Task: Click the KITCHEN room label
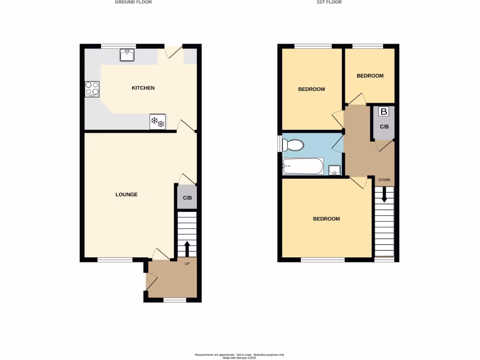click(x=143, y=88)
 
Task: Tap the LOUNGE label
click(x=127, y=195)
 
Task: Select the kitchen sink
click(x=127, y=55)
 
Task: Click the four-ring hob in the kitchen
click(x=92, y=89)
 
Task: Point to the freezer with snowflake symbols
click(x=157, y=122)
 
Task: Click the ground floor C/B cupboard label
click(x=187, y=198)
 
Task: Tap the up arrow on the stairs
click(x=187, y=248)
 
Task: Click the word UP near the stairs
click(x=187, y=264)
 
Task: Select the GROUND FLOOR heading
click(x=133, y=2)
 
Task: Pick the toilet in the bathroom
click(x=294, y=145)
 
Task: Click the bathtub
click(x=303, y=166)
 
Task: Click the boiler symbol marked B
click(x=383, y=112)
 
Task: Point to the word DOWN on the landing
click(x=384, y=180)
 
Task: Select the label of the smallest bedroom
click(x=370, y=76)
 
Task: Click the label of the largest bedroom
click(x=326, y=219)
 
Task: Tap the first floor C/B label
click(x=383, y=127)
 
